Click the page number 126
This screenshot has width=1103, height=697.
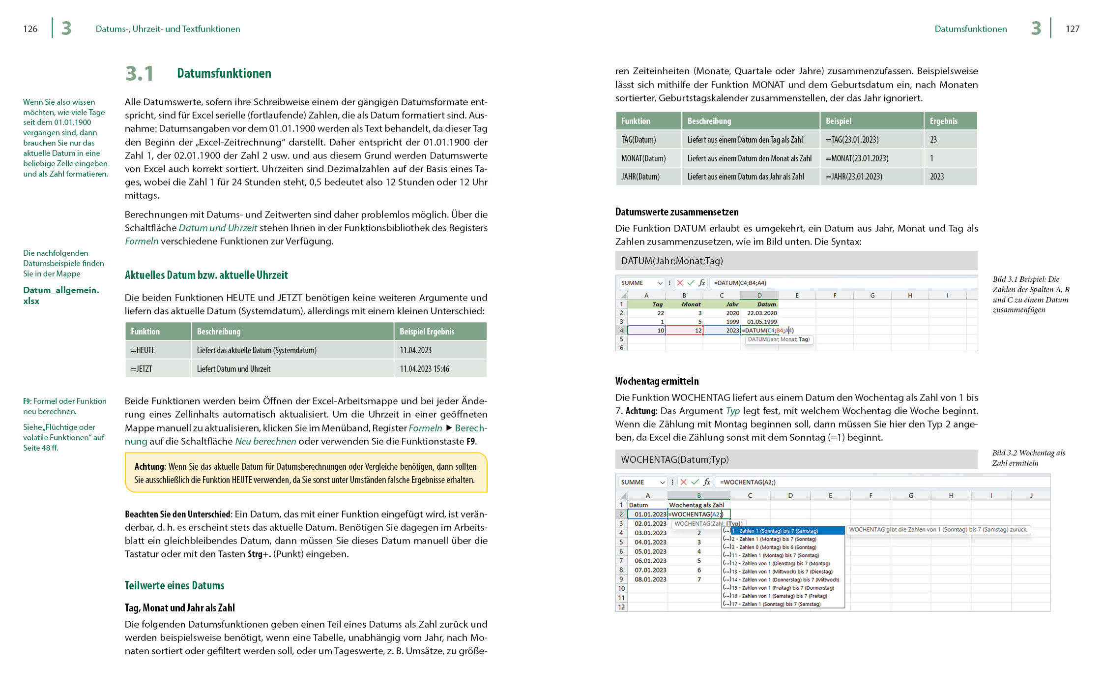click(30, 29)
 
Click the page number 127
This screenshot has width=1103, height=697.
click(1072, 29)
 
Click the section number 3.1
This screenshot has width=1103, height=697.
click(140, 74)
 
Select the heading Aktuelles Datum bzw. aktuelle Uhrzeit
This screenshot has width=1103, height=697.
click(206, 275)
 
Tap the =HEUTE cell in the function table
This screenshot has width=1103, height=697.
click(143, 350)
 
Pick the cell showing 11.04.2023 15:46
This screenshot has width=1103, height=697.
click(424, 369)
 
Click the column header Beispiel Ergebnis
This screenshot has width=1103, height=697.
click(427, 332)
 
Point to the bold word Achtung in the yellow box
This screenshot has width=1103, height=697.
click(149, 466)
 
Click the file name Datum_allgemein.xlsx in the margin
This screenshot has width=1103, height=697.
click(61, 295)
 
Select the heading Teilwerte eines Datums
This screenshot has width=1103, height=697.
click(174, 585)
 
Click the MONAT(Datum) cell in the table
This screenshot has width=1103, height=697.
click(643, 158)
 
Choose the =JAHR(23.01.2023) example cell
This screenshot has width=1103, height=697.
click(854, 177)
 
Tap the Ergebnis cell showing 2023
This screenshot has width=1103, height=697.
click(937, 177)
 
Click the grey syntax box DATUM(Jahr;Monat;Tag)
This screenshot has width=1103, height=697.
click(796, 261)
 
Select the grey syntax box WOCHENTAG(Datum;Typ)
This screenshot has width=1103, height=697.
click(796, 459)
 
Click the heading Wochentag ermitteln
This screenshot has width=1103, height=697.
click(657, 381)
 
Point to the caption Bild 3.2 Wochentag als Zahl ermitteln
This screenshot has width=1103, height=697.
click(1028, 458)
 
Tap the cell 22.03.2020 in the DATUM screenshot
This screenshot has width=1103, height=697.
click(762, 313)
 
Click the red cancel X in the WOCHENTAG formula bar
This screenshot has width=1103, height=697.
click(683, 482)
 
